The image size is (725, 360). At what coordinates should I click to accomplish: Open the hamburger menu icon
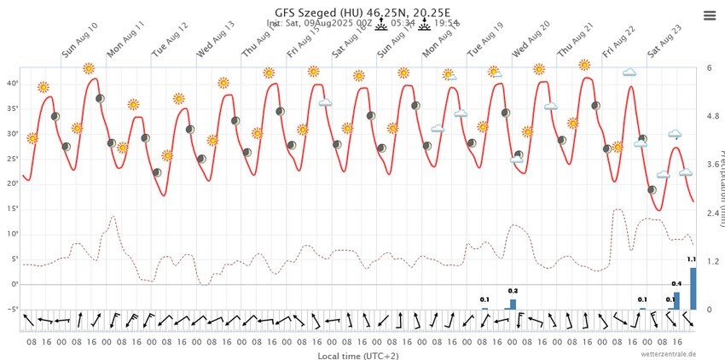pos(710,16)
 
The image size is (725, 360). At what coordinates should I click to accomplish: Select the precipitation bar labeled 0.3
pos(513,304)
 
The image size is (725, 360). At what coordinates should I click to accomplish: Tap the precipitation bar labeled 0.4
pos(676,299)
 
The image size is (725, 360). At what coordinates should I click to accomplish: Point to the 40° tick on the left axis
pos(13,84)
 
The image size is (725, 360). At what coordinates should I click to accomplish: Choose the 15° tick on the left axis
pos(13,209)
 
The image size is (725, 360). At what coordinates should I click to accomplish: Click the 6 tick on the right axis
pos(710,67)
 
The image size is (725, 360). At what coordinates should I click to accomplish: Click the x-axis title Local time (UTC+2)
pos(357,355)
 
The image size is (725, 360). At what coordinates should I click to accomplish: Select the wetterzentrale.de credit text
pos(669,353)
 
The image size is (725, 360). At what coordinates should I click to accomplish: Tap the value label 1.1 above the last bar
pos(692,259)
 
